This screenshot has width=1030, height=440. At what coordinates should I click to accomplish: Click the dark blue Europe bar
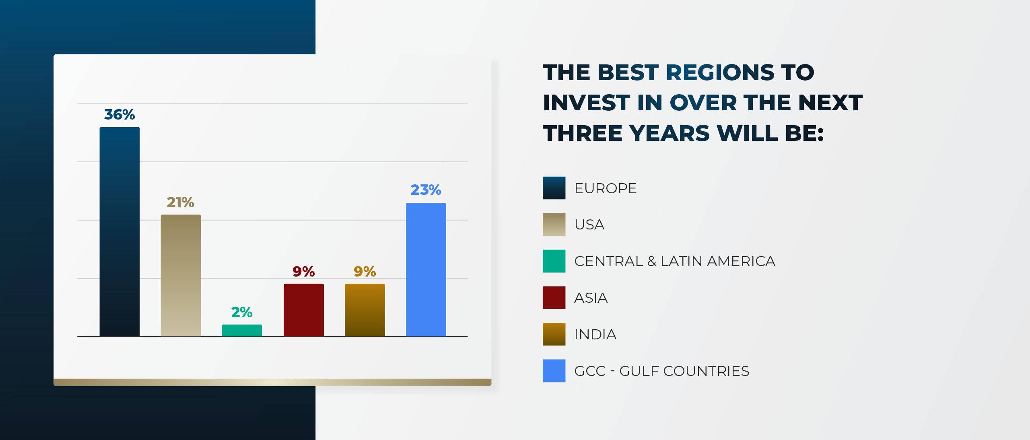[x=119, y=231]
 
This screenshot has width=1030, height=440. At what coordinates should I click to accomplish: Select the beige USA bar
[x=181, y=275]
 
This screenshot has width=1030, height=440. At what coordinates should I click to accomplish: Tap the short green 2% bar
[x=242, y=331]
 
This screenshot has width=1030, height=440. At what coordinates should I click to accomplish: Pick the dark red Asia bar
[x=304, y=310]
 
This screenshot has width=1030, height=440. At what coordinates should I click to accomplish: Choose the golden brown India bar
[x=365, y=310]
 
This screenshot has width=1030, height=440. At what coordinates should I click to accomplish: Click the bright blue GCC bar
[x=426, y=269]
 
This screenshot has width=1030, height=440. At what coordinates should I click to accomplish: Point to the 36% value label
[x=119, y=115]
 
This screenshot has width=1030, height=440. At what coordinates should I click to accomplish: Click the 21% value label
[x=181, y=202]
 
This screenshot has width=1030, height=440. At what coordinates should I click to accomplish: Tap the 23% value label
[x=426, y=190]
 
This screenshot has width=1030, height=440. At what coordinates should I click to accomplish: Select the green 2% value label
[x=242, y=312]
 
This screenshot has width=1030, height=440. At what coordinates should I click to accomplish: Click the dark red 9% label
[x=304, y=272]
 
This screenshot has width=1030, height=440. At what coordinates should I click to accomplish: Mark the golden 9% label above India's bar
[x=365, y=272]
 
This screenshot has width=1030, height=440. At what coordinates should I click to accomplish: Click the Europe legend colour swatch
[x=554, y=188]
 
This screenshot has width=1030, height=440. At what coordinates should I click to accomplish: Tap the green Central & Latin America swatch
[x=554, y=261]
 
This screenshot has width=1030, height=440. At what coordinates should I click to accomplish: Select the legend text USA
[x=589, y=225]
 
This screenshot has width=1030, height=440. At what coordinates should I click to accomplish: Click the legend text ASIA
[x=591, y=298]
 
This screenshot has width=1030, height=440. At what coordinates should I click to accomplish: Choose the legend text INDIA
[x=595, y=335]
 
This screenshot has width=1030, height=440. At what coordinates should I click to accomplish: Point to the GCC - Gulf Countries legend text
[x=662, y=371]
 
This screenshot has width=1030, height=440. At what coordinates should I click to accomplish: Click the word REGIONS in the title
[x=720, y=72]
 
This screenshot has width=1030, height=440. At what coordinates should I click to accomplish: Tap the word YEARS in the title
[x=669, y=133]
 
